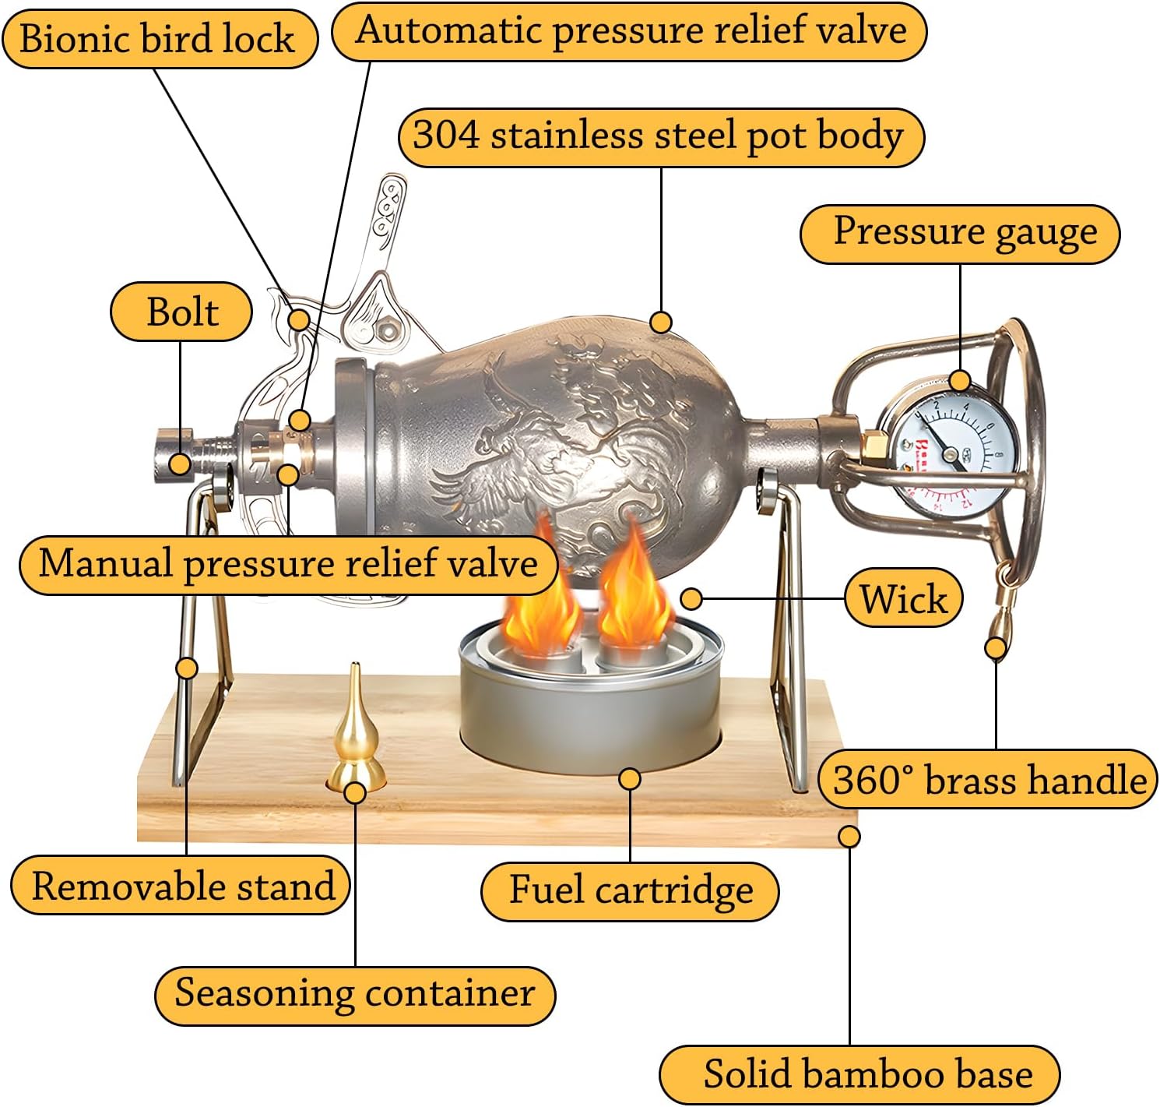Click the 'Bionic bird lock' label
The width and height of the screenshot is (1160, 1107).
point(159,38)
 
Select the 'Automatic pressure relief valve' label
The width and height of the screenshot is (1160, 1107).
point(630,31)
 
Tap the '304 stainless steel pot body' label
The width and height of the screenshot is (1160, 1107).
point(660,136)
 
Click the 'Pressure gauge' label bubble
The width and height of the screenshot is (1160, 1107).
point(959,233)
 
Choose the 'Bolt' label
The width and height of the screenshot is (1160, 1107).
point(181,312)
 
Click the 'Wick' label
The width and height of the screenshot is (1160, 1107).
point(903,598)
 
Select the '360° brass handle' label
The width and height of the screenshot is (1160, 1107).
point(987,778)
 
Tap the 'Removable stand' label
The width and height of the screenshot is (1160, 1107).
point(181,885)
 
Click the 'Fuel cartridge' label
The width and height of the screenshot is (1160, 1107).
point(630,890)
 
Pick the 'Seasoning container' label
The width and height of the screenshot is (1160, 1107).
point(354,994)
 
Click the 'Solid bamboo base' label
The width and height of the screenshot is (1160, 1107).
point(859,1074)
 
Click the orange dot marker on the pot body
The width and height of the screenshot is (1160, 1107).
point(660,322)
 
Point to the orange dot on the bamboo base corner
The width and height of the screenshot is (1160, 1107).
point(849,837)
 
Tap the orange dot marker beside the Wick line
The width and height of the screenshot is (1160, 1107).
point(691,598)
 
